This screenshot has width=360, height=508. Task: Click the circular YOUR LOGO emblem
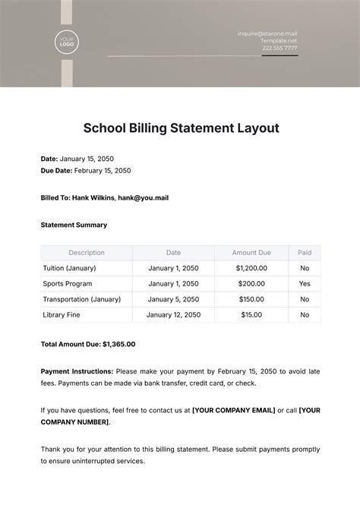click(x=66, y=43)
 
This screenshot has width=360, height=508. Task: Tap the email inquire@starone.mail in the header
click(x=267, y=33)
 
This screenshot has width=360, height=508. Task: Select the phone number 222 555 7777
click(x=279, y=48)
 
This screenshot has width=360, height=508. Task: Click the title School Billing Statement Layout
click(x=180, y=128)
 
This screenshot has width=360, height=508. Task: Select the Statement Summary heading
click(x=74, y=225)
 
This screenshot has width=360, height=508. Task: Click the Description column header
click(x=87, y=253)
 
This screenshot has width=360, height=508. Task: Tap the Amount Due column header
click(x=251, y=253)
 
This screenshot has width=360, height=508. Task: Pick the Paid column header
click(x=305, y=253)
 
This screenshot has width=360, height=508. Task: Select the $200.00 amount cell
click(x=251, y=283)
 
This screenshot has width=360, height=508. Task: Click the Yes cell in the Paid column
click(x=305, y=283)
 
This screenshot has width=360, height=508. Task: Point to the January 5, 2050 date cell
click(x=173, y=298)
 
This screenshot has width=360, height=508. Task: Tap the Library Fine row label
click(x=62, y=314)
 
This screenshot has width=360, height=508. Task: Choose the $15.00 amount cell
click(x=251, y=314)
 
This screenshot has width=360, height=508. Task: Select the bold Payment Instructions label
click(x=77, y=371)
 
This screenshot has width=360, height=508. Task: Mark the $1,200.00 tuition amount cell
click(x=251, y=268)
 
